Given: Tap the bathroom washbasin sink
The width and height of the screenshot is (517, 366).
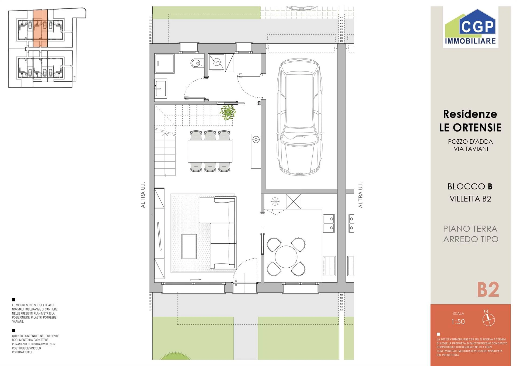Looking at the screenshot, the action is click(161, 88).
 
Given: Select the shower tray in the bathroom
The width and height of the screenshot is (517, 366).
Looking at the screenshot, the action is click(164, 64).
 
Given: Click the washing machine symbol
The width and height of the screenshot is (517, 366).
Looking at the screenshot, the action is click(216, 62).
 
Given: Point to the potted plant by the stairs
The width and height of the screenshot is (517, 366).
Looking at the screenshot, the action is click(228, 112).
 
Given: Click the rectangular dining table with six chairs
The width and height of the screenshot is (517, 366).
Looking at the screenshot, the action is click(210, 151).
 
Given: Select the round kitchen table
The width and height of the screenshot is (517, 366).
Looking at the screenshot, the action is click(286, 257).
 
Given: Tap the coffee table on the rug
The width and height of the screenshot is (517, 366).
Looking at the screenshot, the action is click(189, 246).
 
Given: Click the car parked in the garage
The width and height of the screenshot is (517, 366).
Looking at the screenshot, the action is click(299, 117).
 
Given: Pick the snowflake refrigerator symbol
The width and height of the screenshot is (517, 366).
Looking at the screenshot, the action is click(275, 201).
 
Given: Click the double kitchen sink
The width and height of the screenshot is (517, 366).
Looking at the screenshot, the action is click(329, 223).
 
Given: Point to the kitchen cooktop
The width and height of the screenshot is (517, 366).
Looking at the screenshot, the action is click(329, 266).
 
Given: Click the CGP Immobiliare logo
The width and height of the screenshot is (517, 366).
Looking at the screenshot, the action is click(470, 27).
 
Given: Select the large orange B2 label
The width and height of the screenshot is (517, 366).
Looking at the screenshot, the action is click(488, 290).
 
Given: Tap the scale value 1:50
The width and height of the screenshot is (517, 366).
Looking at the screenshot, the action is click(458, 322).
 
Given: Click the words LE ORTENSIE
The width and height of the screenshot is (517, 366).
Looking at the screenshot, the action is click(470, 127).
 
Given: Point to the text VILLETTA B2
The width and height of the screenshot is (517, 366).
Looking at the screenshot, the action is click(470, 199).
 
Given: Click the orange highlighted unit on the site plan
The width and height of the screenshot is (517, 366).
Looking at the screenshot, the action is click(40, 28).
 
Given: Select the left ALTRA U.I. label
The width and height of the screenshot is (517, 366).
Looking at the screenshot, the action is click(143, 195).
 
